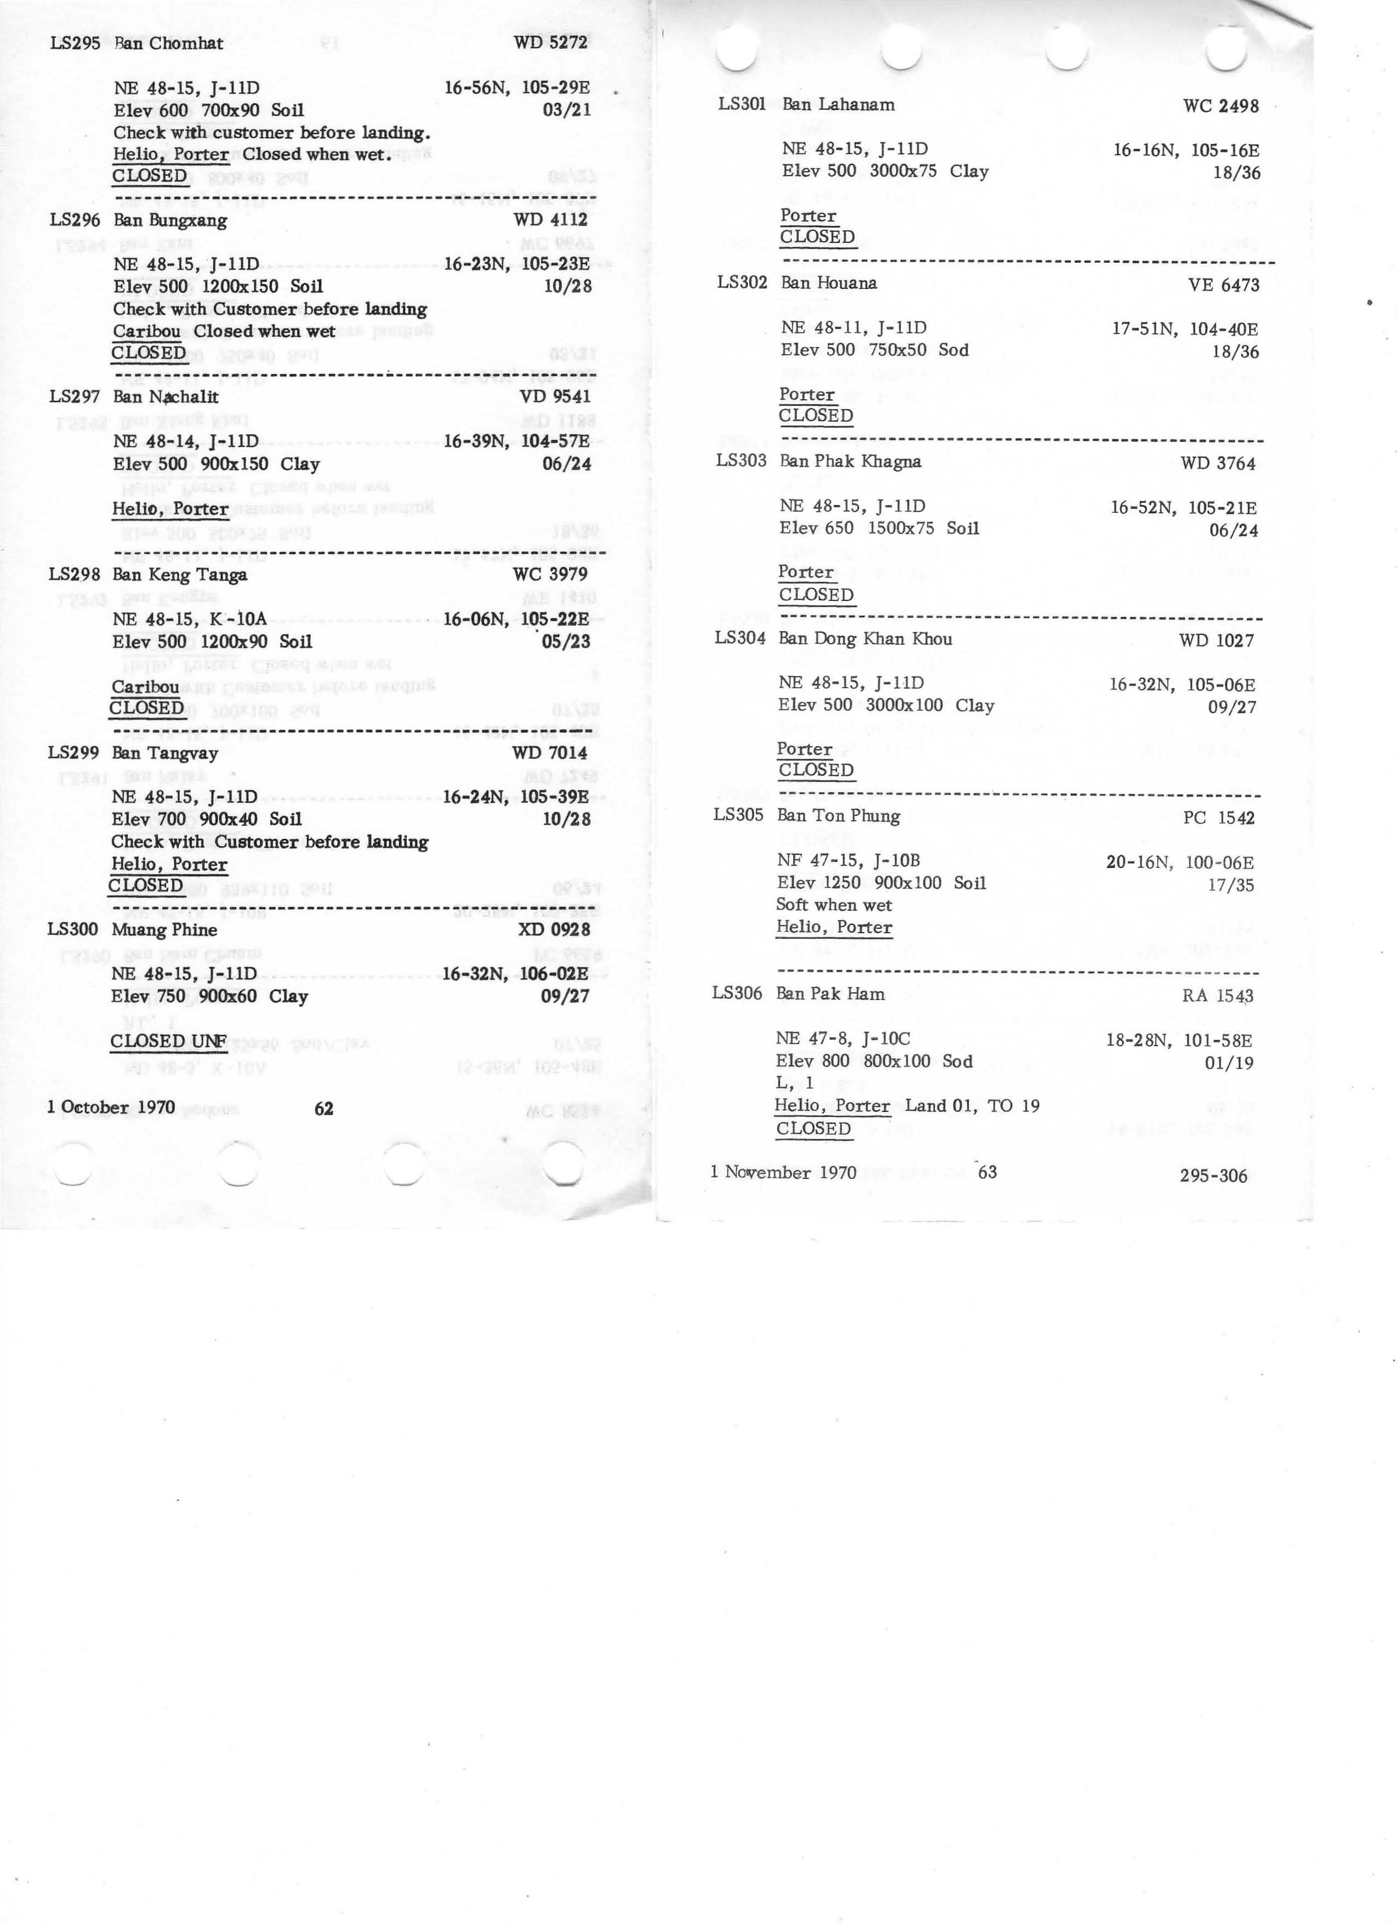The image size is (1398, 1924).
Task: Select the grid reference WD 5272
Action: point(550,42)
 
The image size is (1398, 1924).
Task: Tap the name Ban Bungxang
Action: point(169,220)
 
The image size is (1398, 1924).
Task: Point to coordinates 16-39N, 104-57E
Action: point(516,441)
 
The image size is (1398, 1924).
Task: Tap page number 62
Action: point(323,1108)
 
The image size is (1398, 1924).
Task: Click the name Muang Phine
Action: point(164,930)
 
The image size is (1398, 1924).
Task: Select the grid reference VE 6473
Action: point(1223,285)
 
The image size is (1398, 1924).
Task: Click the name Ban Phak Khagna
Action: point(850,462)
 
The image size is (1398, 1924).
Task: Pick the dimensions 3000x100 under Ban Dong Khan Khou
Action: point(903,705)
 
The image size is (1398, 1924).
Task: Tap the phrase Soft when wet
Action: point(834,905)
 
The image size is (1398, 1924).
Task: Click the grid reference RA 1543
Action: point(1217,996)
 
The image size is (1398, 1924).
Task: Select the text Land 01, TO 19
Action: point(971,1106)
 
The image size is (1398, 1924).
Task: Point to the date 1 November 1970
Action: point(783,1172)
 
